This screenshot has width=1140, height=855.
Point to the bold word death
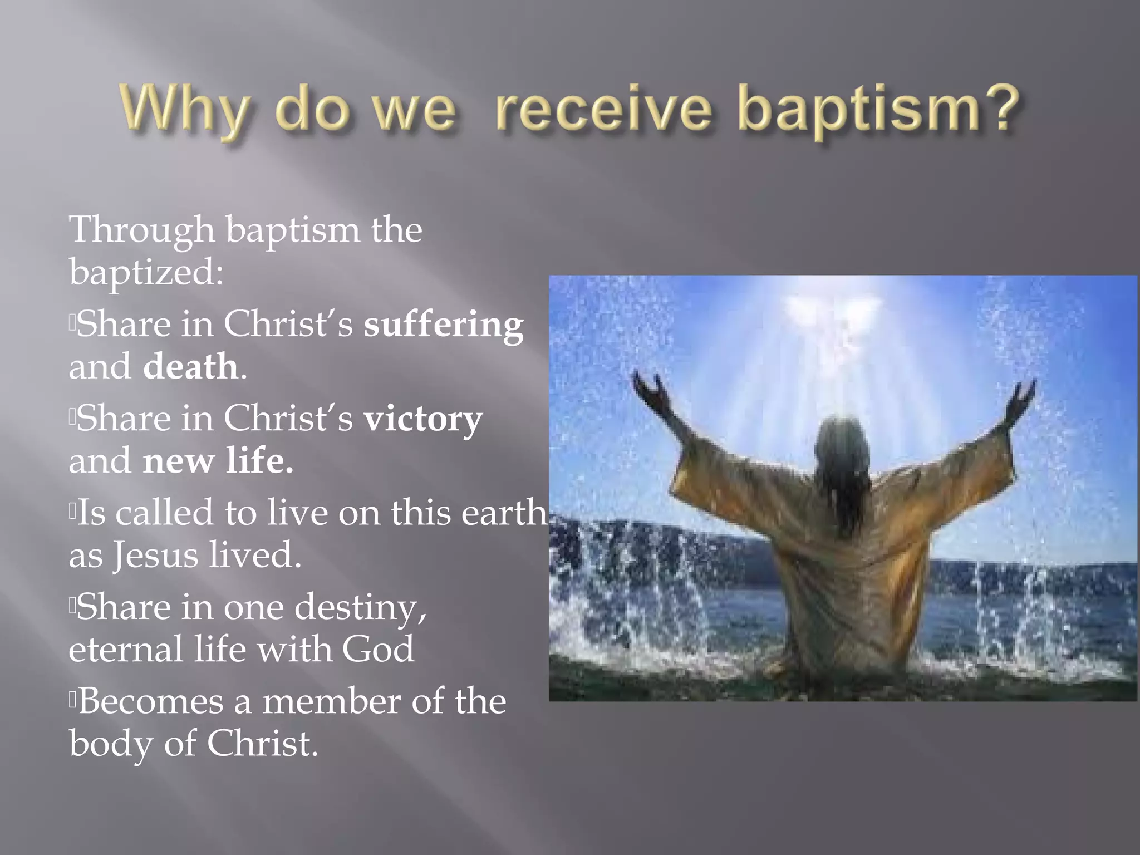(190, 367)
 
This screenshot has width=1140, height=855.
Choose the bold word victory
(423, 419)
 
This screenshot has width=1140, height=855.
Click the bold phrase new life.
(218, 461)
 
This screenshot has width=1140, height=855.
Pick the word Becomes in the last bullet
(150, 701)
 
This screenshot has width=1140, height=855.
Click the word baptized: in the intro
(146, 273)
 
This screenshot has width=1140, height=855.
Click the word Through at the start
(142, 230)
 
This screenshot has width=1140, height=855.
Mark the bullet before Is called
(72, 512)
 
